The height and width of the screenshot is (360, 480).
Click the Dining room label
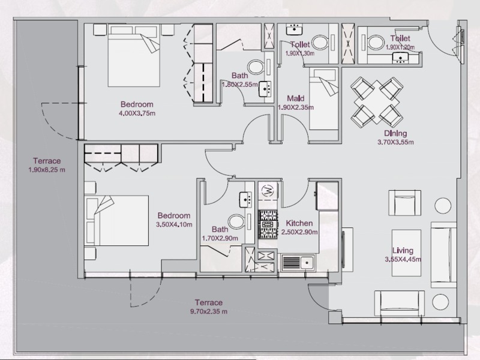coord(395,133)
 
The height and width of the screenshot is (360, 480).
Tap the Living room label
coord(403,251)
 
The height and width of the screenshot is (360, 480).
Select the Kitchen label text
coord(299,223)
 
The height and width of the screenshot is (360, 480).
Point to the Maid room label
coord(295,98)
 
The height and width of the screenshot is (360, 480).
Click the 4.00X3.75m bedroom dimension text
coord(137,113)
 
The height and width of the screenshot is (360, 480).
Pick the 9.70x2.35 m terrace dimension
coord(208,311)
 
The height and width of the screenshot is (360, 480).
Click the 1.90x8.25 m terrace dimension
coord(47,170)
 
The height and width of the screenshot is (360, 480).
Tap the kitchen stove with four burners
coord(268,224)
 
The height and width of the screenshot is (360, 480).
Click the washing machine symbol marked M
coord(267,191)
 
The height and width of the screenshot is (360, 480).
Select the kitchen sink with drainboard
coord(298,262)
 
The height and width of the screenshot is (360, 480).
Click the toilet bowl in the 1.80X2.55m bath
coord(256,67)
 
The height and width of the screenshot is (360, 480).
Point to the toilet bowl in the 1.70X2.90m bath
coord(236,221)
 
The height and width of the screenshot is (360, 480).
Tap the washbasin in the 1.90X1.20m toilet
coord(400,58)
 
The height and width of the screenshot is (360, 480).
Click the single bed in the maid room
coord(323,98)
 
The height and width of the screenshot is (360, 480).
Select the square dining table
coord(377,101)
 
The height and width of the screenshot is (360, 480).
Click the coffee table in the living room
coord(407,253)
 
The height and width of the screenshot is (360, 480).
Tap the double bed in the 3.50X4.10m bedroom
coord(116,220)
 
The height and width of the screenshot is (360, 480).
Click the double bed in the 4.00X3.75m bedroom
coord(133,56)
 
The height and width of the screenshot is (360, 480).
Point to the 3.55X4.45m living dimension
coord(403,260)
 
